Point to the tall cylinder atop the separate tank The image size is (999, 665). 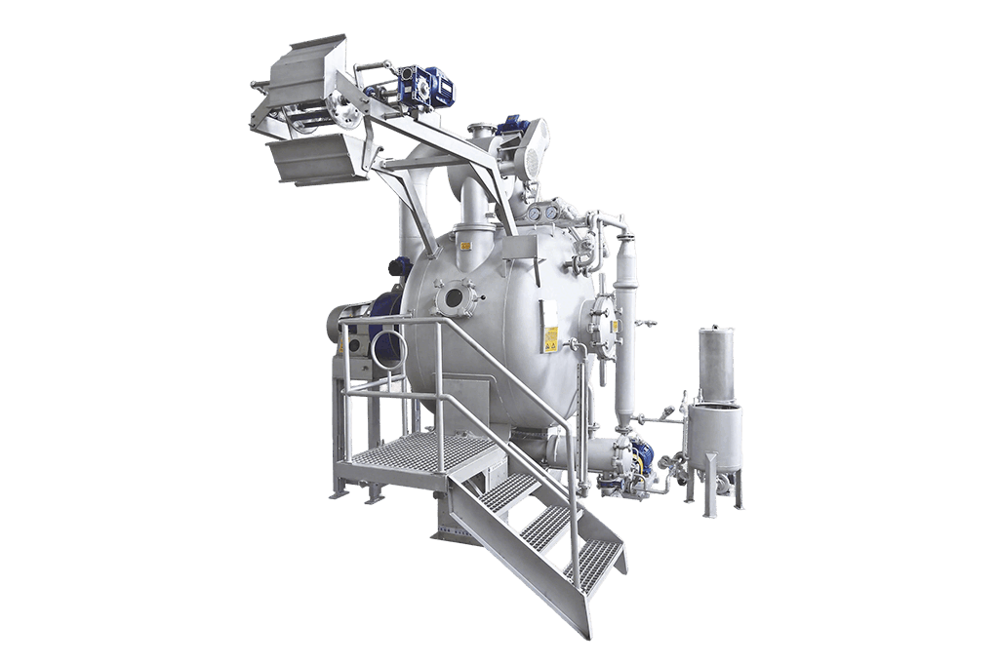point(716,363)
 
